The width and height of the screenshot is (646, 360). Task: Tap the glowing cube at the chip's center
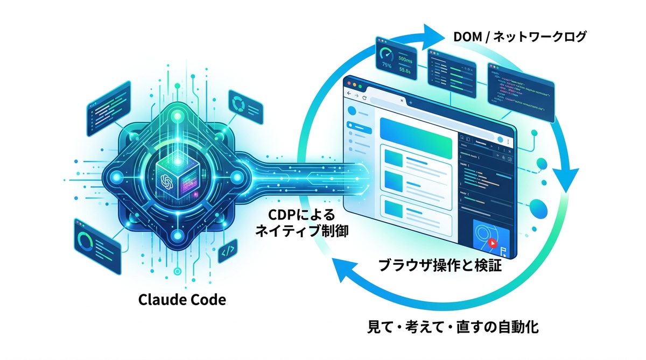[174, 179]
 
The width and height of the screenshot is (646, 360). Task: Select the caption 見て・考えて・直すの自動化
[452, 326]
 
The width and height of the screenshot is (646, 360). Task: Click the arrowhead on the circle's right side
[565, 178]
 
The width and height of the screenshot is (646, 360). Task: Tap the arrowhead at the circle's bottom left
[339, 269]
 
